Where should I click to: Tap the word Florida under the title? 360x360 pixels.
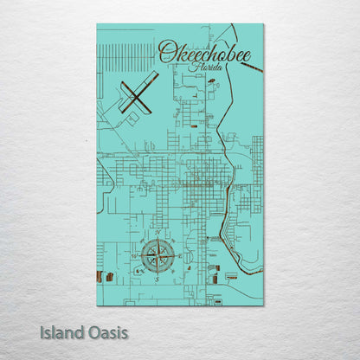207,67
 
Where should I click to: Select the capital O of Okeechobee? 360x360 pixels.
165,52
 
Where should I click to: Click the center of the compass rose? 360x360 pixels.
157,255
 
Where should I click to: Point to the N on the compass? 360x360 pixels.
157,234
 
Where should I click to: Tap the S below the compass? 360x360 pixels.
157,280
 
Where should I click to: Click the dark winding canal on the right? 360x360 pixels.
227,229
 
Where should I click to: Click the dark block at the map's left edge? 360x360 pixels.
99,278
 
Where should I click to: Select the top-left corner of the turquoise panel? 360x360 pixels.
97,24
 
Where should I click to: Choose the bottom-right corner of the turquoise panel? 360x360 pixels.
263,305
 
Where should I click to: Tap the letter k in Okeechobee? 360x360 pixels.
180,52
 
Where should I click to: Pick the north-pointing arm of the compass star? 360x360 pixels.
157,244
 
